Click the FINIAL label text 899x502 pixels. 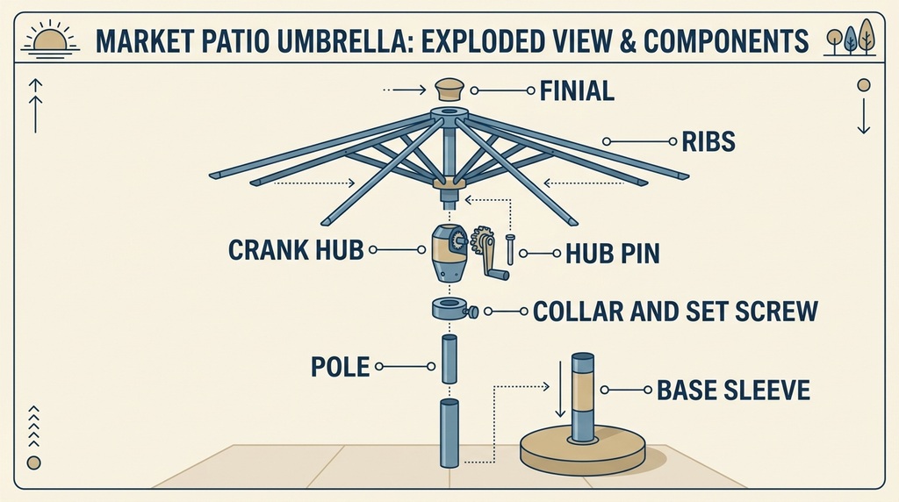[577, 91]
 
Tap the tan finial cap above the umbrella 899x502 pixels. [449, 90]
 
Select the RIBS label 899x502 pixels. [708, 141]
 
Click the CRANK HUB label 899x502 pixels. [296, 250]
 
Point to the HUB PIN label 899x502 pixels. [612, 254]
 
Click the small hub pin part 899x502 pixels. [510, 249]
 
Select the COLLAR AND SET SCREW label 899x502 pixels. [675, 312]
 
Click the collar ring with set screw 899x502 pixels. [455, 310]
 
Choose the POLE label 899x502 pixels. [340, 367]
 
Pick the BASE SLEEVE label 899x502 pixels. [733, 391]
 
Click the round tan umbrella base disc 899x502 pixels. [583, 450]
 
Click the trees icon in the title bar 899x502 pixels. [850, 37]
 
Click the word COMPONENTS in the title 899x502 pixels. [726, 41]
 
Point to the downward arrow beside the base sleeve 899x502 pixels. [561, 389]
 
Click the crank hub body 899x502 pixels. [449, 253]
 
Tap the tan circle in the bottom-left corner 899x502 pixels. [34, 463]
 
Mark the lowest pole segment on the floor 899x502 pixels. [449, 434]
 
